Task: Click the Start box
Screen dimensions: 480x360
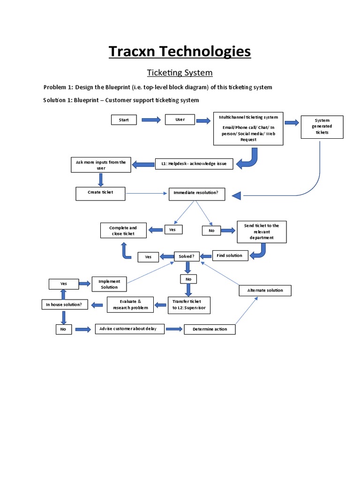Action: coord(124,120)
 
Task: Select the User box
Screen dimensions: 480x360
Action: coord(180,120)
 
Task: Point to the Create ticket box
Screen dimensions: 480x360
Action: coord(100,193)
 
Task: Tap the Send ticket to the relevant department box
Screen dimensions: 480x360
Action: coord(261,232)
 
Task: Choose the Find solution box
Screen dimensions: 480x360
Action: coord(230,255)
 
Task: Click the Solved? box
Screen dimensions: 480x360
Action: coord(187,256)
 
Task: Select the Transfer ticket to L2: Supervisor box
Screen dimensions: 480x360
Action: coord(189,305)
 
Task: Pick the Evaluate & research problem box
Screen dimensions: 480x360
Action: coord(130,304)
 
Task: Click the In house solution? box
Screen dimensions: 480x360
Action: coord(64,305)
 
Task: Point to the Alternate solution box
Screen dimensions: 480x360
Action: coord(265,290)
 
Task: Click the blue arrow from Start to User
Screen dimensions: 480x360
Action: coord(151,120)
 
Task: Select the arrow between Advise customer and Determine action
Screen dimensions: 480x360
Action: coord(174,329)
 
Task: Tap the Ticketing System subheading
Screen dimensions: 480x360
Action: coord(180,73)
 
